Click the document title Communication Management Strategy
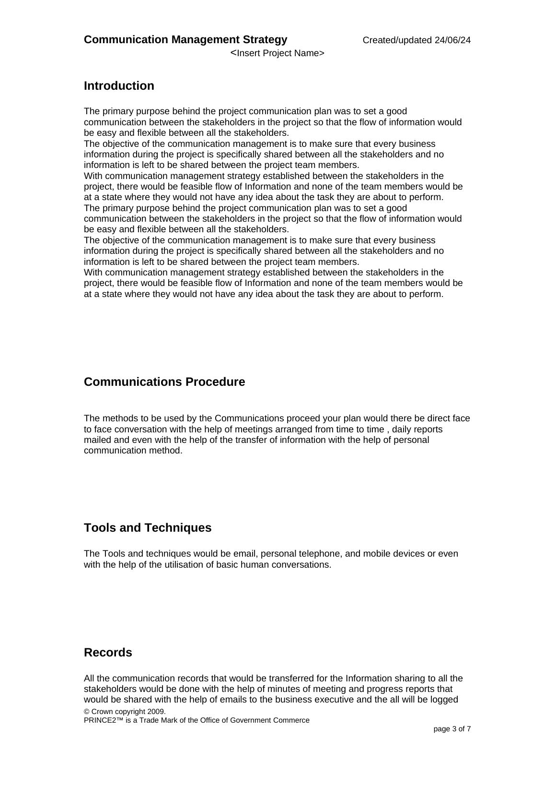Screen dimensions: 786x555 185,40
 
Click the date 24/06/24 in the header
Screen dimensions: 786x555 452,40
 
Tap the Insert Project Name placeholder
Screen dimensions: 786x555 277,53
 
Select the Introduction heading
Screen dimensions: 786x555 119,86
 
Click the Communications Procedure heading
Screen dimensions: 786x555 164,382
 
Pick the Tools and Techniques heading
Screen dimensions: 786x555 148,528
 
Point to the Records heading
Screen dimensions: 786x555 108,653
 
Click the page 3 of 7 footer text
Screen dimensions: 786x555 452,729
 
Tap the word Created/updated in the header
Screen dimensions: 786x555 397,40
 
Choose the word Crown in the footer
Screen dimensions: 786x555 102,712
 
